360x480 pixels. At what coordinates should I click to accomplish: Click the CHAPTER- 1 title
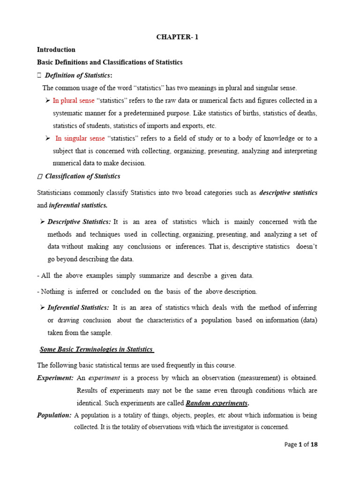pyautogui.click(x=177, y=37)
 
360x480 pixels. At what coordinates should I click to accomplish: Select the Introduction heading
pyautogui.click(x=56, y=50)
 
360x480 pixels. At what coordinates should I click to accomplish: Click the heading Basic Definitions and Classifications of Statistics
pyautogui.click(x=110, y=62)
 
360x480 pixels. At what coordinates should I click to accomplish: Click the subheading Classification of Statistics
pyautogui.click(x=82, y=176)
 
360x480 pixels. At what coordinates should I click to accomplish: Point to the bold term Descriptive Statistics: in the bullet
pyautogui.click(x=79, y=222)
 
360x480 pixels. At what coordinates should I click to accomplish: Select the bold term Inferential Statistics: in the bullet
pyautogui.click(x=78, y=307)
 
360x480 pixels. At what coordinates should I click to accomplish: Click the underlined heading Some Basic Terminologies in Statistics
pyautogui.click(x=97, y=349)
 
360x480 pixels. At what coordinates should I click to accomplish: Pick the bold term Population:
pyautogui.click(x=54, y=415)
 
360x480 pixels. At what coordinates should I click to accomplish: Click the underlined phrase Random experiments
pyautogui.click(x=217, y=403)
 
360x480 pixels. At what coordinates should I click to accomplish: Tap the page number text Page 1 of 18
pyautogui.click(x=301, y=444)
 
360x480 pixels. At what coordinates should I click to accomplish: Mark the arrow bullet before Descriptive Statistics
pyautogui.click(x=42, y=222)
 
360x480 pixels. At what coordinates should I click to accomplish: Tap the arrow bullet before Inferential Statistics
pyautogui.click(x=42, y=307)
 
